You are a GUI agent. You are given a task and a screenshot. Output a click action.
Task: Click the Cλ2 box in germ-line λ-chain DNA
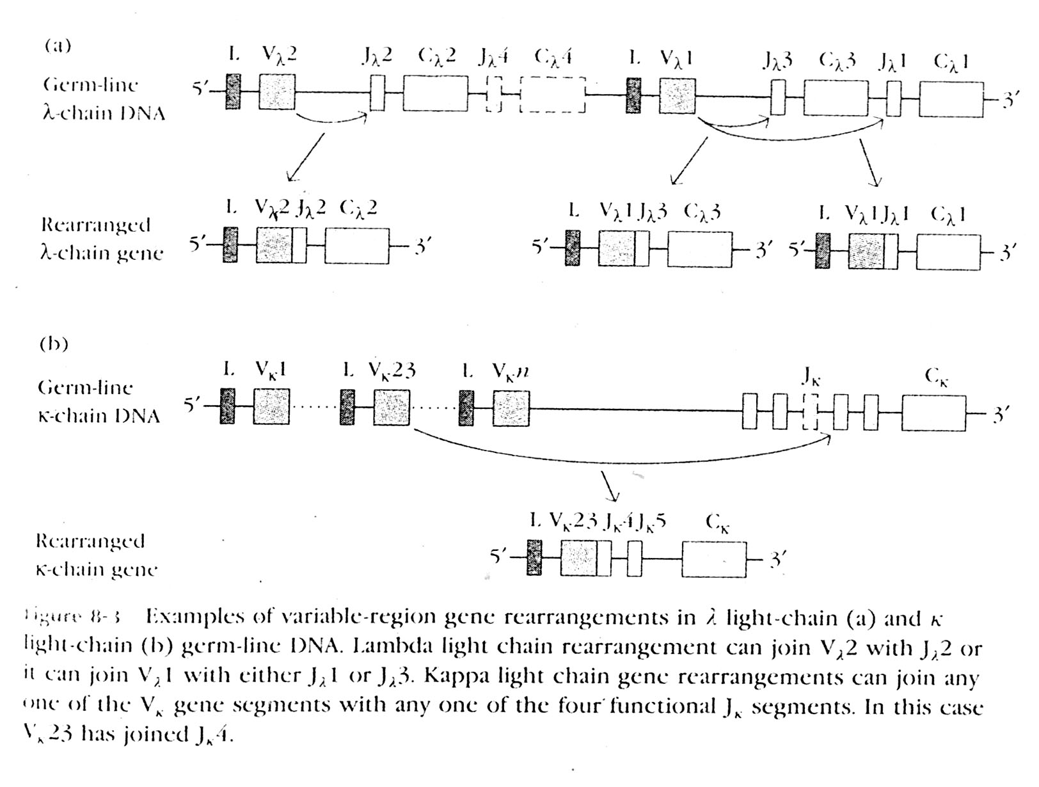[x=435, y=93]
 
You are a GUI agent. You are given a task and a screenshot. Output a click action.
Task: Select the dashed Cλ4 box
[x=553, y=95]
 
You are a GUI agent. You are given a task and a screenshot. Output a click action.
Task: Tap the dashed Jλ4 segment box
[x=493, y=94]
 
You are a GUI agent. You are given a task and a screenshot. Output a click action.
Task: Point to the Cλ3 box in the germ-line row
[x=836, y=98]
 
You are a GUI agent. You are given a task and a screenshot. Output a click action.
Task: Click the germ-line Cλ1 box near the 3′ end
[x=951, y=99]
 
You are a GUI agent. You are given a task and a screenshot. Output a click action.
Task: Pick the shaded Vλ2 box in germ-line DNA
[x=277, y=91]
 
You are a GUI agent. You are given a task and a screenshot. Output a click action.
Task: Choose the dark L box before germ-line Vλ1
[x=633, y=95]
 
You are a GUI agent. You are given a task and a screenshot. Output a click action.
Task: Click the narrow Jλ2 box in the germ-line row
[x=377, y=93]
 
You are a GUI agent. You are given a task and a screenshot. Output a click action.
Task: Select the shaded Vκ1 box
[x=271, y=406]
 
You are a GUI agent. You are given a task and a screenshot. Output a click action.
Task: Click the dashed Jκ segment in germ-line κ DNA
[x=810, y=411]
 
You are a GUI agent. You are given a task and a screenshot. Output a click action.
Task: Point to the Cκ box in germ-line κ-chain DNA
[x=934, y=413]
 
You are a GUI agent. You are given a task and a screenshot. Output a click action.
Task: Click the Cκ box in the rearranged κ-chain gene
[x=713, y=559]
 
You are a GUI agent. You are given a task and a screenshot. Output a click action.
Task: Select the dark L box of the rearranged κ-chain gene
[x=534, y=557]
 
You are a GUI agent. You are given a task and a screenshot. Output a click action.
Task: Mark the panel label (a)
[x=58, y=45]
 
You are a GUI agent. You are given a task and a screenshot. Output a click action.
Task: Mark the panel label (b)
[x=54, y=344]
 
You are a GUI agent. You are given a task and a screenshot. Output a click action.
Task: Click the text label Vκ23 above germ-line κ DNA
[x=392, y=370]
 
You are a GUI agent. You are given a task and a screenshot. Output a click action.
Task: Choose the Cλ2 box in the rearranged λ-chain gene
[x=356, y=245]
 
